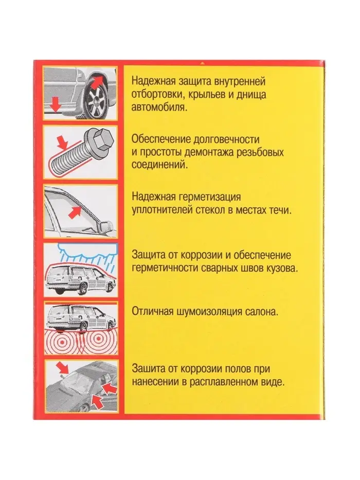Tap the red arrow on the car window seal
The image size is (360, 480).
[x=75, y=212]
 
